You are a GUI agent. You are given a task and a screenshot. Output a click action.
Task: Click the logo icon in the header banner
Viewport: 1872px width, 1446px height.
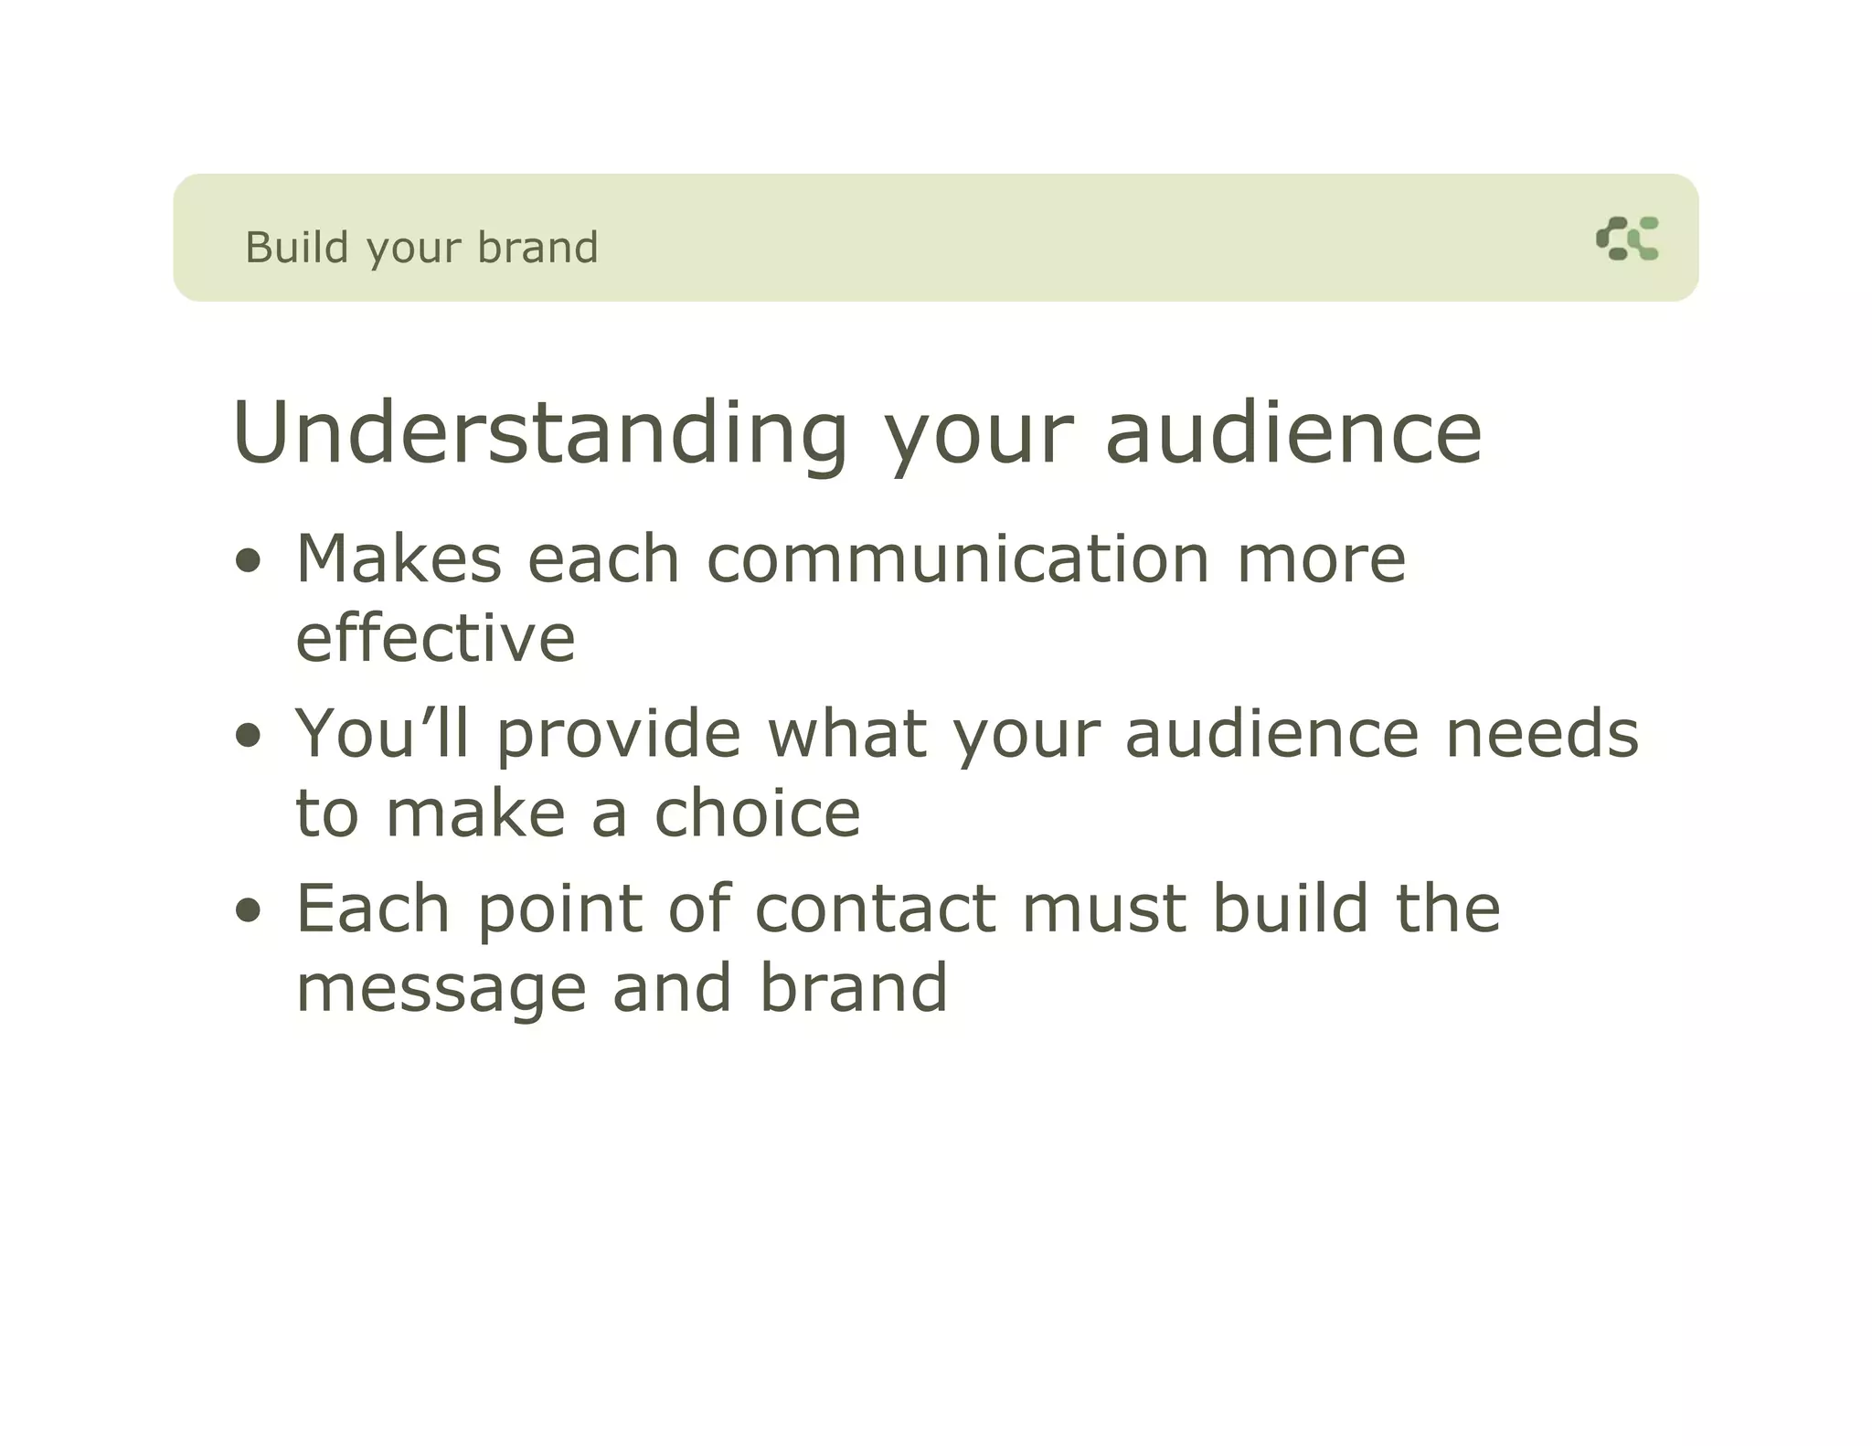[x=1627, y=239]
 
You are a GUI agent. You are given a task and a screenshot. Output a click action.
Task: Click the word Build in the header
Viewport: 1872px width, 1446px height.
[x=297, y=248]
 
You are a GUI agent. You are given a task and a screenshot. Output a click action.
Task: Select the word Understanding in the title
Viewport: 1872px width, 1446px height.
[x=540, y=433]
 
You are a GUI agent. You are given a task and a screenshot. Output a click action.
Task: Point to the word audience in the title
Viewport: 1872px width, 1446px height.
[x=1292, y=433]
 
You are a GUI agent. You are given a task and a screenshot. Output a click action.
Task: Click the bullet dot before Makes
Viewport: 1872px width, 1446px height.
[x=248, y=560]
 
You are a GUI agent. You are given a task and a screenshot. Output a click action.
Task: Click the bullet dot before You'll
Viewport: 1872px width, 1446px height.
[x=248, y=735]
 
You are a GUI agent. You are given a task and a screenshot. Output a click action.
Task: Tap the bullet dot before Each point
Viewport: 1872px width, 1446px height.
[x=248, y=910]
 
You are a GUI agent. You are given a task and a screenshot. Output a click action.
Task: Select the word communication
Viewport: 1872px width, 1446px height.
[x=958, y=558]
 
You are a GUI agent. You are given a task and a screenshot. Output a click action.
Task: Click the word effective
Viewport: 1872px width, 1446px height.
[x=435, y=638]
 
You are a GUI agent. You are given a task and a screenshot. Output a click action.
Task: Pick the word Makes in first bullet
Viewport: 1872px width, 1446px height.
[x=399, y=558]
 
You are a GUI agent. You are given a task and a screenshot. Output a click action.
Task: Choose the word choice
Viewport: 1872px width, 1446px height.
[x=757, y=813]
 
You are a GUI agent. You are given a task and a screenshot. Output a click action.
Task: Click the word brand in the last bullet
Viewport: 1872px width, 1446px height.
[x=854, y=988]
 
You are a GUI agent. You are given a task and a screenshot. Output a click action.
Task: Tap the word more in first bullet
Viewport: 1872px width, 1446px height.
[x=1321, y=558]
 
